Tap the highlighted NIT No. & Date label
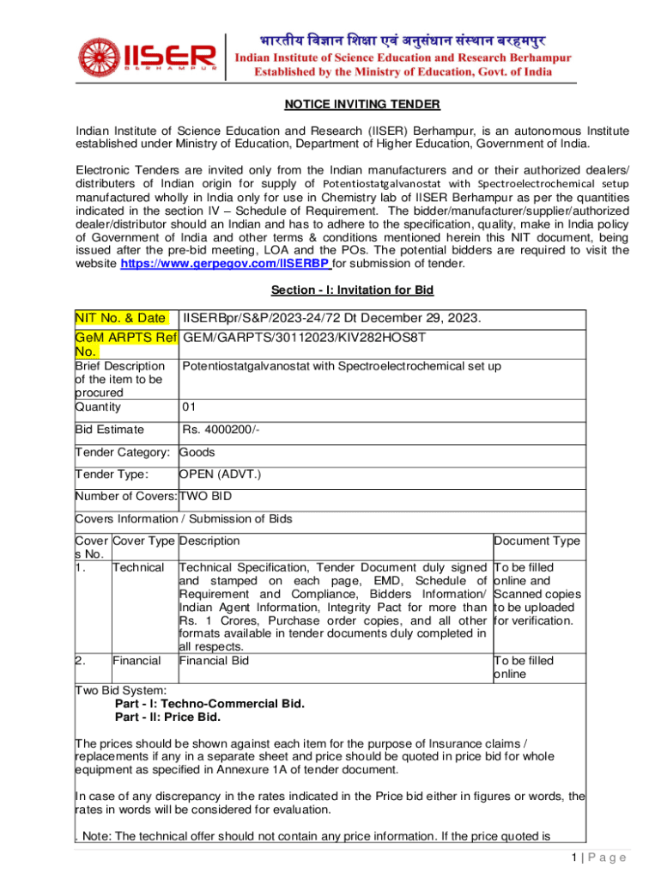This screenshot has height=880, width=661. (x=121, y=320)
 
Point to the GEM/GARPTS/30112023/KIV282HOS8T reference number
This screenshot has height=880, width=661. (x=305, y=338)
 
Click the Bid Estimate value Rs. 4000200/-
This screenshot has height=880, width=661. (x=221, y=430)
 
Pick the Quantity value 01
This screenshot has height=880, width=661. (x=191, y=406)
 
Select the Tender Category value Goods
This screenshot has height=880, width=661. (x=197, y=452)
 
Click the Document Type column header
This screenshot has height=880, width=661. (x=537, y=541)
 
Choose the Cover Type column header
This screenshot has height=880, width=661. (x=143, y=541)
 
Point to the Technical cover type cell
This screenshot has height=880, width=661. (x=138, y=568)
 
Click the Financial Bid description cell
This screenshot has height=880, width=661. (x=214, y=661)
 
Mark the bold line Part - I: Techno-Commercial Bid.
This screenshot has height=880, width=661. (x=209, y=703)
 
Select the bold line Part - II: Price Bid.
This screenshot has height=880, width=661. (x=167, y=717)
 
